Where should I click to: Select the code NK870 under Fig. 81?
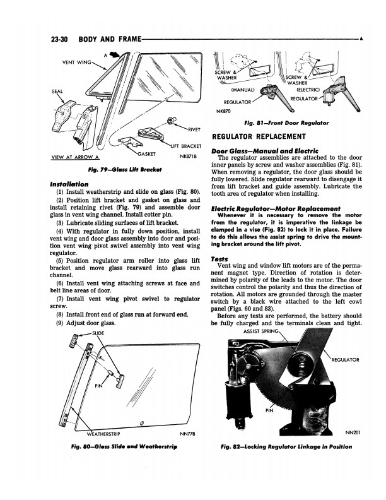pos(224,112)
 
